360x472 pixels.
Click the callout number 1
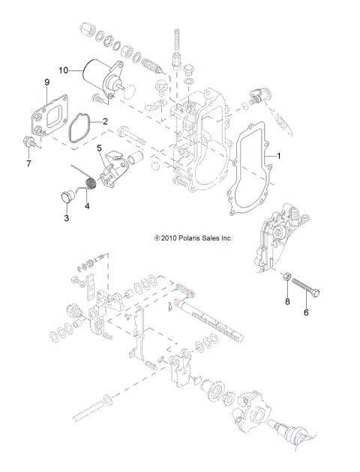coord(279,157)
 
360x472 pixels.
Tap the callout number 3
coord(65,217)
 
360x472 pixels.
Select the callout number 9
coord(46,81)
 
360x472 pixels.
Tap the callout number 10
coord(64,70)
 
